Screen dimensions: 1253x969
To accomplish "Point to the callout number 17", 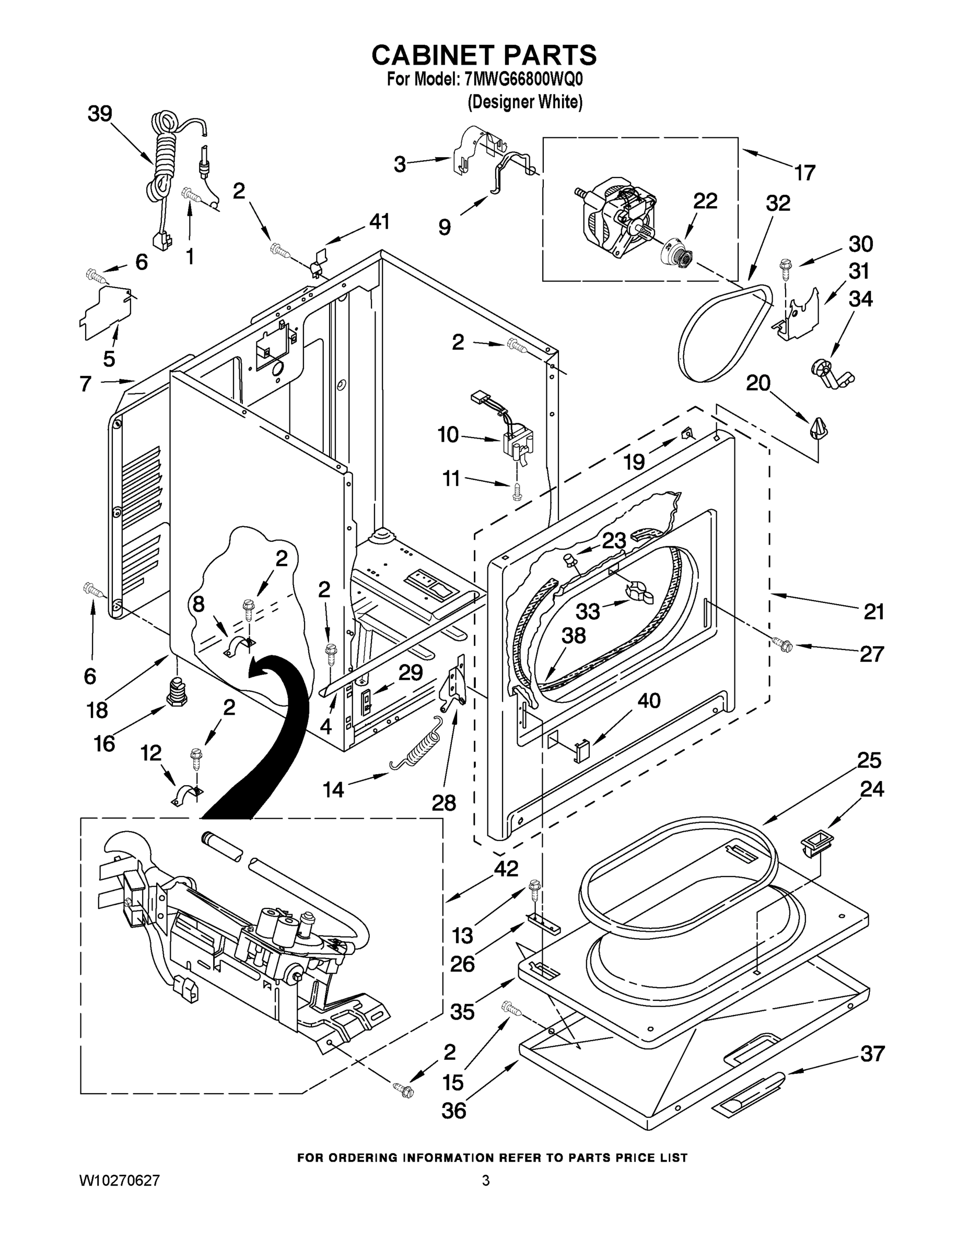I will (x=805, y=172).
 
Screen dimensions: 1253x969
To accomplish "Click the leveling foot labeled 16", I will (x=176, y=692).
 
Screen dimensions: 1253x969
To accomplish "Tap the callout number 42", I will (x=506, y=868).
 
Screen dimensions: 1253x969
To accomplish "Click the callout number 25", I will (x=869, y=760).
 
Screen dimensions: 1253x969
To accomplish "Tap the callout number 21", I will (x=874, y=612).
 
